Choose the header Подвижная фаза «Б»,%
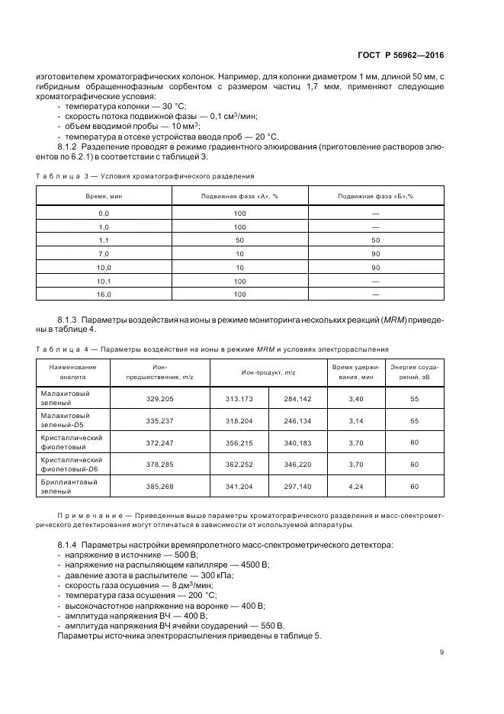[375, 196]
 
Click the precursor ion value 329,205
[160, 398]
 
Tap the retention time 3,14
[357, 420]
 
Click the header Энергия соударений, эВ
[414, 371]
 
